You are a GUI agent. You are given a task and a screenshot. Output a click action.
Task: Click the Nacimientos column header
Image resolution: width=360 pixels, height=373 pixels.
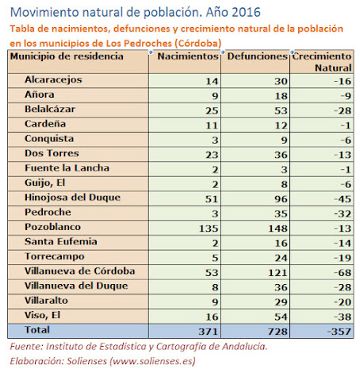click(188, 56)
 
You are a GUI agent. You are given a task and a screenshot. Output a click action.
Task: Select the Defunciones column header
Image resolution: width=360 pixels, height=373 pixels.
click(257, 56)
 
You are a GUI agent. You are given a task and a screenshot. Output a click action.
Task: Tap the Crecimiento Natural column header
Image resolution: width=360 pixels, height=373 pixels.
click(322, 62)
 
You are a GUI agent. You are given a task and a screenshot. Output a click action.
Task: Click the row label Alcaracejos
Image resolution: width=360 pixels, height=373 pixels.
click(53, 80)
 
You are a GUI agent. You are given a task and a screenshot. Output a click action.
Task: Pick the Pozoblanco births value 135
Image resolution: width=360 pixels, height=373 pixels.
click(209, 229)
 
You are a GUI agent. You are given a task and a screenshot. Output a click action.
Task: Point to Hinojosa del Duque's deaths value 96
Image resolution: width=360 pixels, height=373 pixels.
click(281, 199)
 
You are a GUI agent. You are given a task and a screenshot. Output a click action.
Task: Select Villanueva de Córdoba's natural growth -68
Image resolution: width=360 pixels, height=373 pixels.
click(343, 272)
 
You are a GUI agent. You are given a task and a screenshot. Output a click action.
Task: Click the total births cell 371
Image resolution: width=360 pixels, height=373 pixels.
click(209, 332)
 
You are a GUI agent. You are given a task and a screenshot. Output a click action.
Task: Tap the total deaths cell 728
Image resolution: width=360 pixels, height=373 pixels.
click(278, 332)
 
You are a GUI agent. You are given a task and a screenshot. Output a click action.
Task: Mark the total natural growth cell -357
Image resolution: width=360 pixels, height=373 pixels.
click(339, 332)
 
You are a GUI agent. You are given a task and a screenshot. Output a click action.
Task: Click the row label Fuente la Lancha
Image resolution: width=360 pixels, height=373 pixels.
click(67, 168)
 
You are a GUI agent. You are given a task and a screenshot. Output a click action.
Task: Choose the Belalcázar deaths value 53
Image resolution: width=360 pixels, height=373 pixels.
click(281, 110)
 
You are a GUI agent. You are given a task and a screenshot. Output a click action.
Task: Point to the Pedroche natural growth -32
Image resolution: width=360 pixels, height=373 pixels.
click(343, 213)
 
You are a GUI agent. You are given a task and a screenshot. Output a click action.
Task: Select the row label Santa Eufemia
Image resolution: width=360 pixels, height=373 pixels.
click(61, 241)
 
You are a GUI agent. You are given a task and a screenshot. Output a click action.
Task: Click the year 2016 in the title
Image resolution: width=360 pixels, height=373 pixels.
click(247, 12)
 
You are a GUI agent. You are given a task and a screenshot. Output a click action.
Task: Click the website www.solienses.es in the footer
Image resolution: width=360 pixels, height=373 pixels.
click(152, 361)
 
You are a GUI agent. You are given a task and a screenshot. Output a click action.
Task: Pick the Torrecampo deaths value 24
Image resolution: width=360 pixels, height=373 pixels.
click(281, 258)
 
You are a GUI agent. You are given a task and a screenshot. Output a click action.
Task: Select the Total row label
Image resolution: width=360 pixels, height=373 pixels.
click(37, 330)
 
